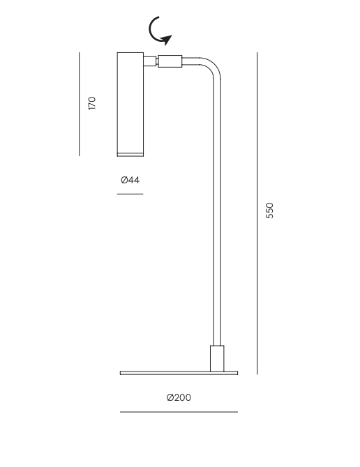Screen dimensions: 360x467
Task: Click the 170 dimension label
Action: pyautogui.click(x=92, y=103)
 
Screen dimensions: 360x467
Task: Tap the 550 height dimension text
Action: pyautogui.click(x=269, y=210)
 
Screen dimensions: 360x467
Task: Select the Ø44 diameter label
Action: pyautogui.click(x=130, y=180)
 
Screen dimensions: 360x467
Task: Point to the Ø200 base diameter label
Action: pyautogui.click(x=179, y=397)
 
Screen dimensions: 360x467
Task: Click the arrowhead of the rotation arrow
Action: pyautogui.click(x=166, y=40)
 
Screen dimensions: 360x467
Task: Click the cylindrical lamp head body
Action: pyautogui.click(x=130, y=102)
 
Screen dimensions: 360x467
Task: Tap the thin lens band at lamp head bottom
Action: pyautogui.click(x=130, y=155)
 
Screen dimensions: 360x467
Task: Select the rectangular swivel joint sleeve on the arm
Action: pyautogui.click(x=170, y=61)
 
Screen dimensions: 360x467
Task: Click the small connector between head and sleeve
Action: pyautogui.click(x=151, y=61)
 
